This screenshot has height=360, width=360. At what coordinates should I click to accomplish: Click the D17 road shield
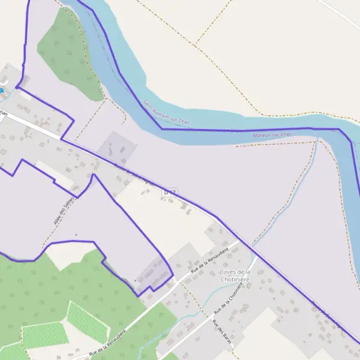[170, 192]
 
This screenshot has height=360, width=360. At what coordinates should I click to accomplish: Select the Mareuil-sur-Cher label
[272, 135]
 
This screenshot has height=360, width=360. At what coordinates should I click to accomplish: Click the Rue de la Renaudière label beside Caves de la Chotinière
[209, 260]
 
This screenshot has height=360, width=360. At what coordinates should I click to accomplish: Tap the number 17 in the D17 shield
[172, 192]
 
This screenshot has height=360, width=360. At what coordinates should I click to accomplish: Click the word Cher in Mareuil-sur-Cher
[285, 135]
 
